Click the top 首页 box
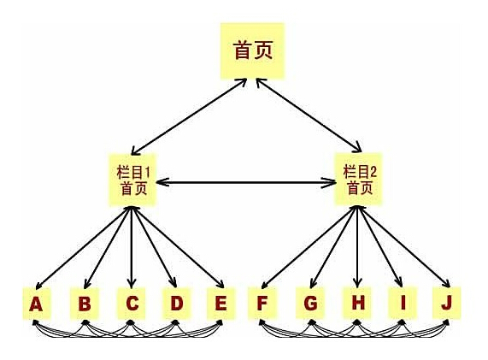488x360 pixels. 252,50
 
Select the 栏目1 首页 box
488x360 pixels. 132,180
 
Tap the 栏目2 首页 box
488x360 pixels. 358,179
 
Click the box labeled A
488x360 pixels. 37,304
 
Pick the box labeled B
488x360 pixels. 85,304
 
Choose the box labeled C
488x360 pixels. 131,304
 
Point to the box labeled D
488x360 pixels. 176,304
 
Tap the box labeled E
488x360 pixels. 221,304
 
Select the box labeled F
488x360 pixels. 262,304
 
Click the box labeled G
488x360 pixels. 310,304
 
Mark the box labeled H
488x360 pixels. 357,304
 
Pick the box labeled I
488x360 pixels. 403,304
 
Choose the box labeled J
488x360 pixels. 447,304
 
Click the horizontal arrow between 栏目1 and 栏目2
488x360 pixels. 245,182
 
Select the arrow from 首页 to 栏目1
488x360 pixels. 189,117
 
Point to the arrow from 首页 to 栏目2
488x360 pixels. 309,115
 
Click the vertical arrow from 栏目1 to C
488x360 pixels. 132,247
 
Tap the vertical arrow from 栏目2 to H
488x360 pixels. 357,246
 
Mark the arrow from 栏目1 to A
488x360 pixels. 83,248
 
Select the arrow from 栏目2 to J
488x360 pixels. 404,246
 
